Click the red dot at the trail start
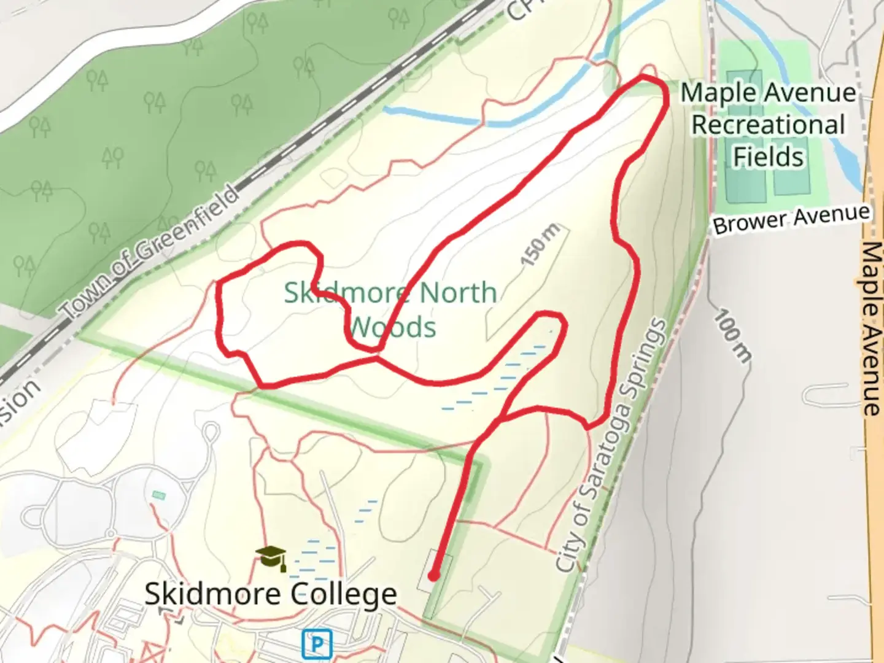(x=433, y=576)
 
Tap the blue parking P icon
(x=317, y=644)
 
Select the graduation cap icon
(x=271, y=557)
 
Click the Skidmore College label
(x=271, y=594)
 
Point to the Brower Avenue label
(x=791, y=219)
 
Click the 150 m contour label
(x=540, y=245)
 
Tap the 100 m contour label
(x=732, y=336)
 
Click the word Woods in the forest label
(x=393, y=327)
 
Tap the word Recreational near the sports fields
(x=769, y=125)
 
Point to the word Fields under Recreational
(x=769, y=157)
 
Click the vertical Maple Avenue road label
(x=871, y=328)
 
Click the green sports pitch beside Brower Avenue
(x=792, y=178)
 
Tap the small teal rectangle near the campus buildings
(x=159, y=494)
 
